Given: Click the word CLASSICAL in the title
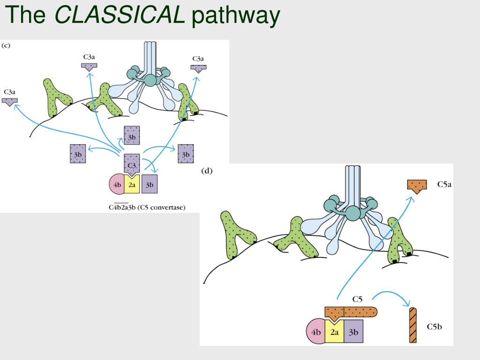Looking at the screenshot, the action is click(120, 14).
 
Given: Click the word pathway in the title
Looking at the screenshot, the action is click(236, 16).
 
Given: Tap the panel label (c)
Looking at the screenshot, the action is click(6, 45).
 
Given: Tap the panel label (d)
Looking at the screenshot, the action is click(207, 171).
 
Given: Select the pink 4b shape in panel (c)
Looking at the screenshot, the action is click(117, 184).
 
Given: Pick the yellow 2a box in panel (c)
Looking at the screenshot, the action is click(132, 184).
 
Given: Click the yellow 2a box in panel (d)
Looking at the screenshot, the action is click(334, 332).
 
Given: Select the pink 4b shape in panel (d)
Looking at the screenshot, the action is click(315, 331).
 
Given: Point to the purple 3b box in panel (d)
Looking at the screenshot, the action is click(353, 331).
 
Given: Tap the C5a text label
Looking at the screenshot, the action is click(444, 184).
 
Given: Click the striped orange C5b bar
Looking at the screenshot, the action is click(413, 325).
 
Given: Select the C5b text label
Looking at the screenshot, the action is click(435, 327).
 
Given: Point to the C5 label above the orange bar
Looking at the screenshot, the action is click(357, 299).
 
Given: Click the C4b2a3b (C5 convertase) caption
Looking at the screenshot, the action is click(147, 207).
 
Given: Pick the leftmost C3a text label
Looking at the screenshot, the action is click(9, 92).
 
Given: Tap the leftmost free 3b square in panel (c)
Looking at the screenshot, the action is click(78, 154).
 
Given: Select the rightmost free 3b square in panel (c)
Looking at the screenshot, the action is click(186, 154).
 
